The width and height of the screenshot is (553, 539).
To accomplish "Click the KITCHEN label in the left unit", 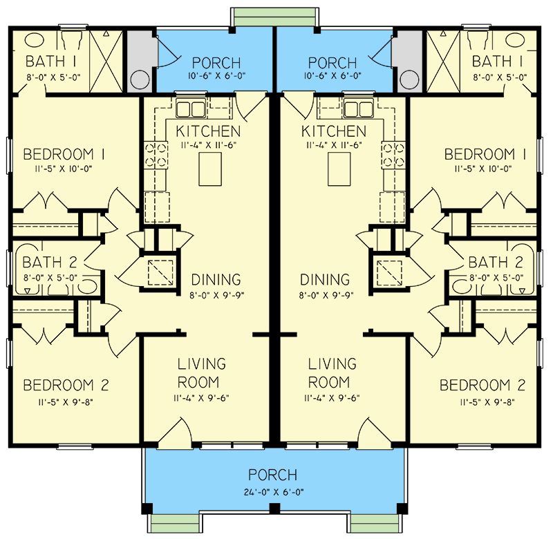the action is click(208, 131).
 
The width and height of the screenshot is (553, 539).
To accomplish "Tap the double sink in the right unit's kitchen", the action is click(358, 109).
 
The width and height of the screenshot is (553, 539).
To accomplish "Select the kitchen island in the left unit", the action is click(210, 169).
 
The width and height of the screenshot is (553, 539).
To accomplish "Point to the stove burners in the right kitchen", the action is click(393, 154).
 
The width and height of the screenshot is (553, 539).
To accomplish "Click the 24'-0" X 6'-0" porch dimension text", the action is click(274, 492).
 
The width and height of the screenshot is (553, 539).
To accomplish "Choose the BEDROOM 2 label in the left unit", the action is click(66, 385).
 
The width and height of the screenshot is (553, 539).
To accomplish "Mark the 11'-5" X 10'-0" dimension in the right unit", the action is click(482, 169).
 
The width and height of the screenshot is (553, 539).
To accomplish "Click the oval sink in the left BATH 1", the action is click(34, 40).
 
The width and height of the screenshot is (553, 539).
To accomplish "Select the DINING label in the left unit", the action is click(216, 280).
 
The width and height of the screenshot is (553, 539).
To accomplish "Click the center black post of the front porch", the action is click(274, 509).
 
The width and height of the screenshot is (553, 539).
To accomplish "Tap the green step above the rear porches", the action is click(275, 17).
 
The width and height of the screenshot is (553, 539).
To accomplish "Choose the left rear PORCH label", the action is click(216, 63).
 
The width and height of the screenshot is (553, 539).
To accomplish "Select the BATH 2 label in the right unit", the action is click(495, 263).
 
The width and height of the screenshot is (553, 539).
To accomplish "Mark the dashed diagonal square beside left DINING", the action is click(160, 272).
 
